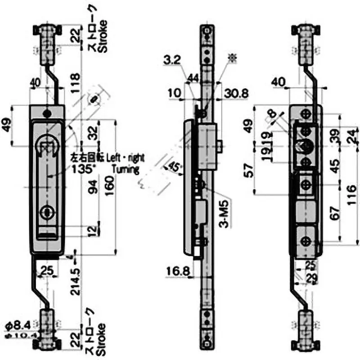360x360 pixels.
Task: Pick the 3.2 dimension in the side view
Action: pyautogui.click(x=172, y=60)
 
